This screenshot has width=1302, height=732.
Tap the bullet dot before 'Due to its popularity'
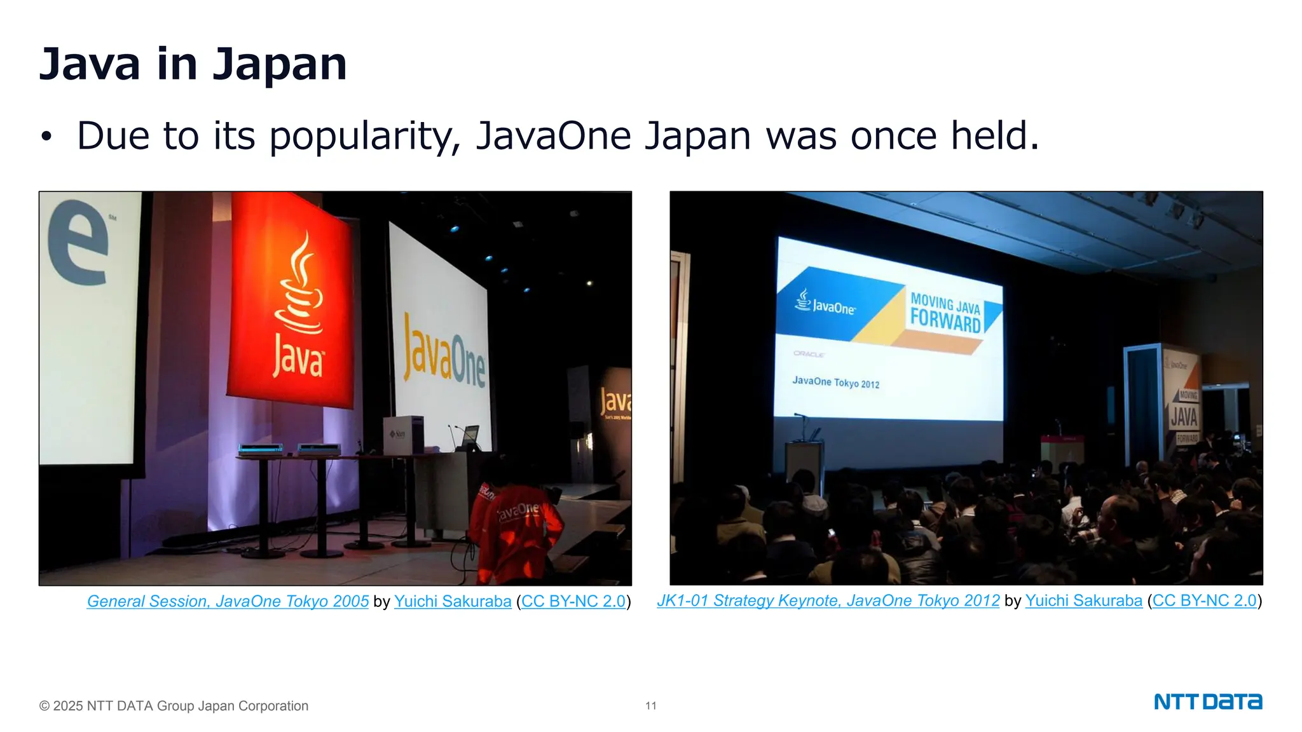click(x=46, y=136)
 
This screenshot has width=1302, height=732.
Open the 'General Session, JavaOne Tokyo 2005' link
click(x=228, y=601)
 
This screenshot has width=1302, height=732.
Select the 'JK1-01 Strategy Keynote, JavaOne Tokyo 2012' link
click(x=828, y=600)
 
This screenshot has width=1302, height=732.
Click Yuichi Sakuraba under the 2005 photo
click(x=453, y=601)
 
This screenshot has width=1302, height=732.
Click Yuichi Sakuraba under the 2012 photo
click(x=1083, y=600)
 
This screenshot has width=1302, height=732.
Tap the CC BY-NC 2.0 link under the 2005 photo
click(x=573, y=601)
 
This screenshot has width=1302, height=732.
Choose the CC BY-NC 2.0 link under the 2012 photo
click(x=1204, y=600)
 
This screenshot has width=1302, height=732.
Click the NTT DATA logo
click(x=1208, y=702)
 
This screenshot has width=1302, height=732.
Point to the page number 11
click(x=651, y=706)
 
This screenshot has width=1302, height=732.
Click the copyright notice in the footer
click(x=174, y=706)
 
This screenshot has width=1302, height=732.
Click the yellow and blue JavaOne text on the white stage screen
click(x=444, y=353)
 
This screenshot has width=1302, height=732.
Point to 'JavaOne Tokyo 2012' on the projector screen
click(x=835, y=382)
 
